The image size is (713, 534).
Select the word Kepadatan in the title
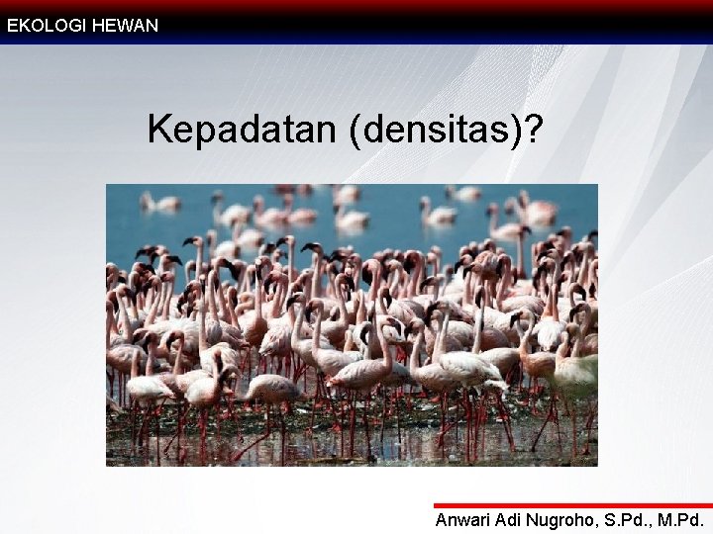[x=244, y=130]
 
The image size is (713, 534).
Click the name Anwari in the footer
[x=464, y=520]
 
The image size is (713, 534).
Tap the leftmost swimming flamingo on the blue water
[x=159, y=203]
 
